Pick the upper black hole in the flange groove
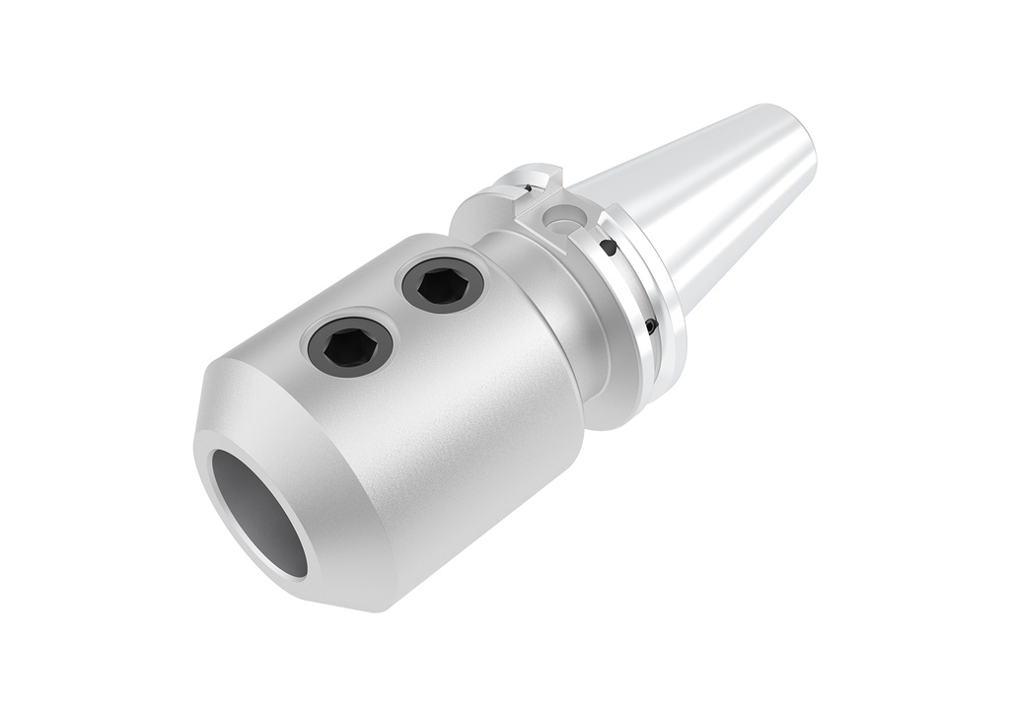coord(609,247)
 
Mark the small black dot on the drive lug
coord(529,188)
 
